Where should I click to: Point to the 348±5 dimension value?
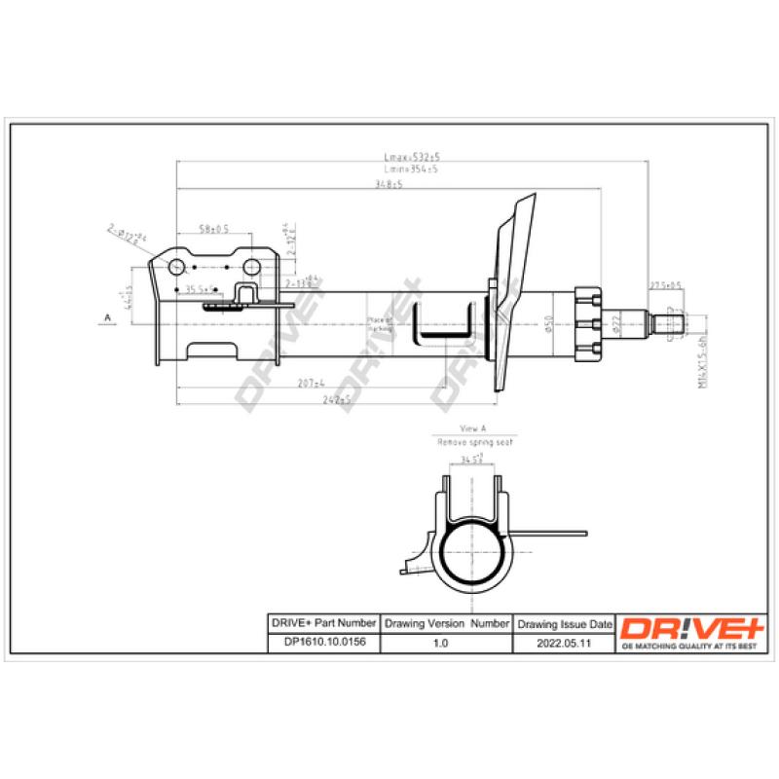tap(389, 185)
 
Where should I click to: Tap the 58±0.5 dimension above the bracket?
tap(213, 229)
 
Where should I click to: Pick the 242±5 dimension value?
tap(338, 400)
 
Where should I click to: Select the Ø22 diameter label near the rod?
tap(617, 324)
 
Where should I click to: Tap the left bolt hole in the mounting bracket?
tap(179, 267)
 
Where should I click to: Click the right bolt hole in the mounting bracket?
tap(251, 267)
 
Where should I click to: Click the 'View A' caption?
tap(471, 429)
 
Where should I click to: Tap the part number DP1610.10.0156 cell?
tap(321, 643)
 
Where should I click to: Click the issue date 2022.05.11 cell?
tap(566, 643)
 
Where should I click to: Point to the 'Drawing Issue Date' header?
tap(566, 623)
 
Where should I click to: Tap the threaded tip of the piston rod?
tap(671, 322)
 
